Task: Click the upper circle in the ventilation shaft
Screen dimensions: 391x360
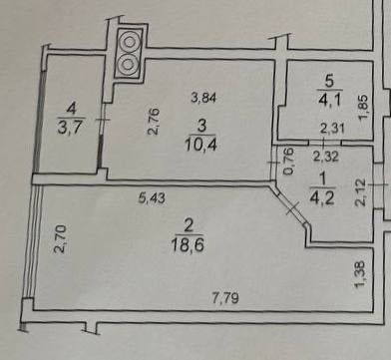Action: (130, 43)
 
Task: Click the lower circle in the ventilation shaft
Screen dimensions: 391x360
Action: (130, 65)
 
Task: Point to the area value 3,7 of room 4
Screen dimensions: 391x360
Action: (71, 126)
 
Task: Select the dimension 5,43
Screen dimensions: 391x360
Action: (151, 196)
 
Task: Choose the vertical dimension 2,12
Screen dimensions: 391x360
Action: (362, 191)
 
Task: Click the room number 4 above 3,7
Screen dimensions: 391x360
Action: (70, 107)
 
